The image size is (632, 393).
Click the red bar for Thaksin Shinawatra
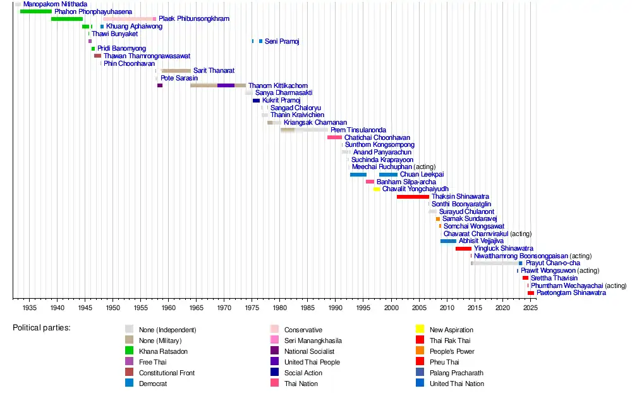click(413, 197)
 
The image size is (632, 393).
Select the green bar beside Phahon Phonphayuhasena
click(35, 11)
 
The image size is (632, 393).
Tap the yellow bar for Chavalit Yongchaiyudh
click(377, 189)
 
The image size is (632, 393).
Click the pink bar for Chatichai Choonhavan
click(334, 137)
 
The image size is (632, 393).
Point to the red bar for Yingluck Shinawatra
click(463, 249)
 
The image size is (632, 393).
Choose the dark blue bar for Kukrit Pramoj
click(256, 101)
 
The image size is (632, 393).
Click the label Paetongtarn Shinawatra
click(571, 293)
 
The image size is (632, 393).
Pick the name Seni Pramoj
click(282, 42)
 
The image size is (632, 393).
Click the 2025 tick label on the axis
click(530, 308)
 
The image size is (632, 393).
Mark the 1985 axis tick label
click(308, 308)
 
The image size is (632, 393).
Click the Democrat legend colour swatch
click(129, 384)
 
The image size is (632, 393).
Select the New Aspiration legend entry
click(451, 330)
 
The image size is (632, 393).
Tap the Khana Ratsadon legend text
click(163, 351)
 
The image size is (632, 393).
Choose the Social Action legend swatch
click(274, 373)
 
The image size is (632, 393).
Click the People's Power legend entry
click(452, 351)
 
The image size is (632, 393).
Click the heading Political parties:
click(42, 328)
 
